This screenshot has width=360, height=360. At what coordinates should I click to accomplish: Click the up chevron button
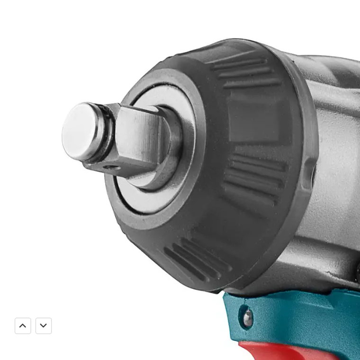click(x=23, y=326)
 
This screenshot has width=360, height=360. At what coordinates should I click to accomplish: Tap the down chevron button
click(x=44, y=326)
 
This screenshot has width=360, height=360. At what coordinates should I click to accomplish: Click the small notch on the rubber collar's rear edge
click(x=310, y=173)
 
